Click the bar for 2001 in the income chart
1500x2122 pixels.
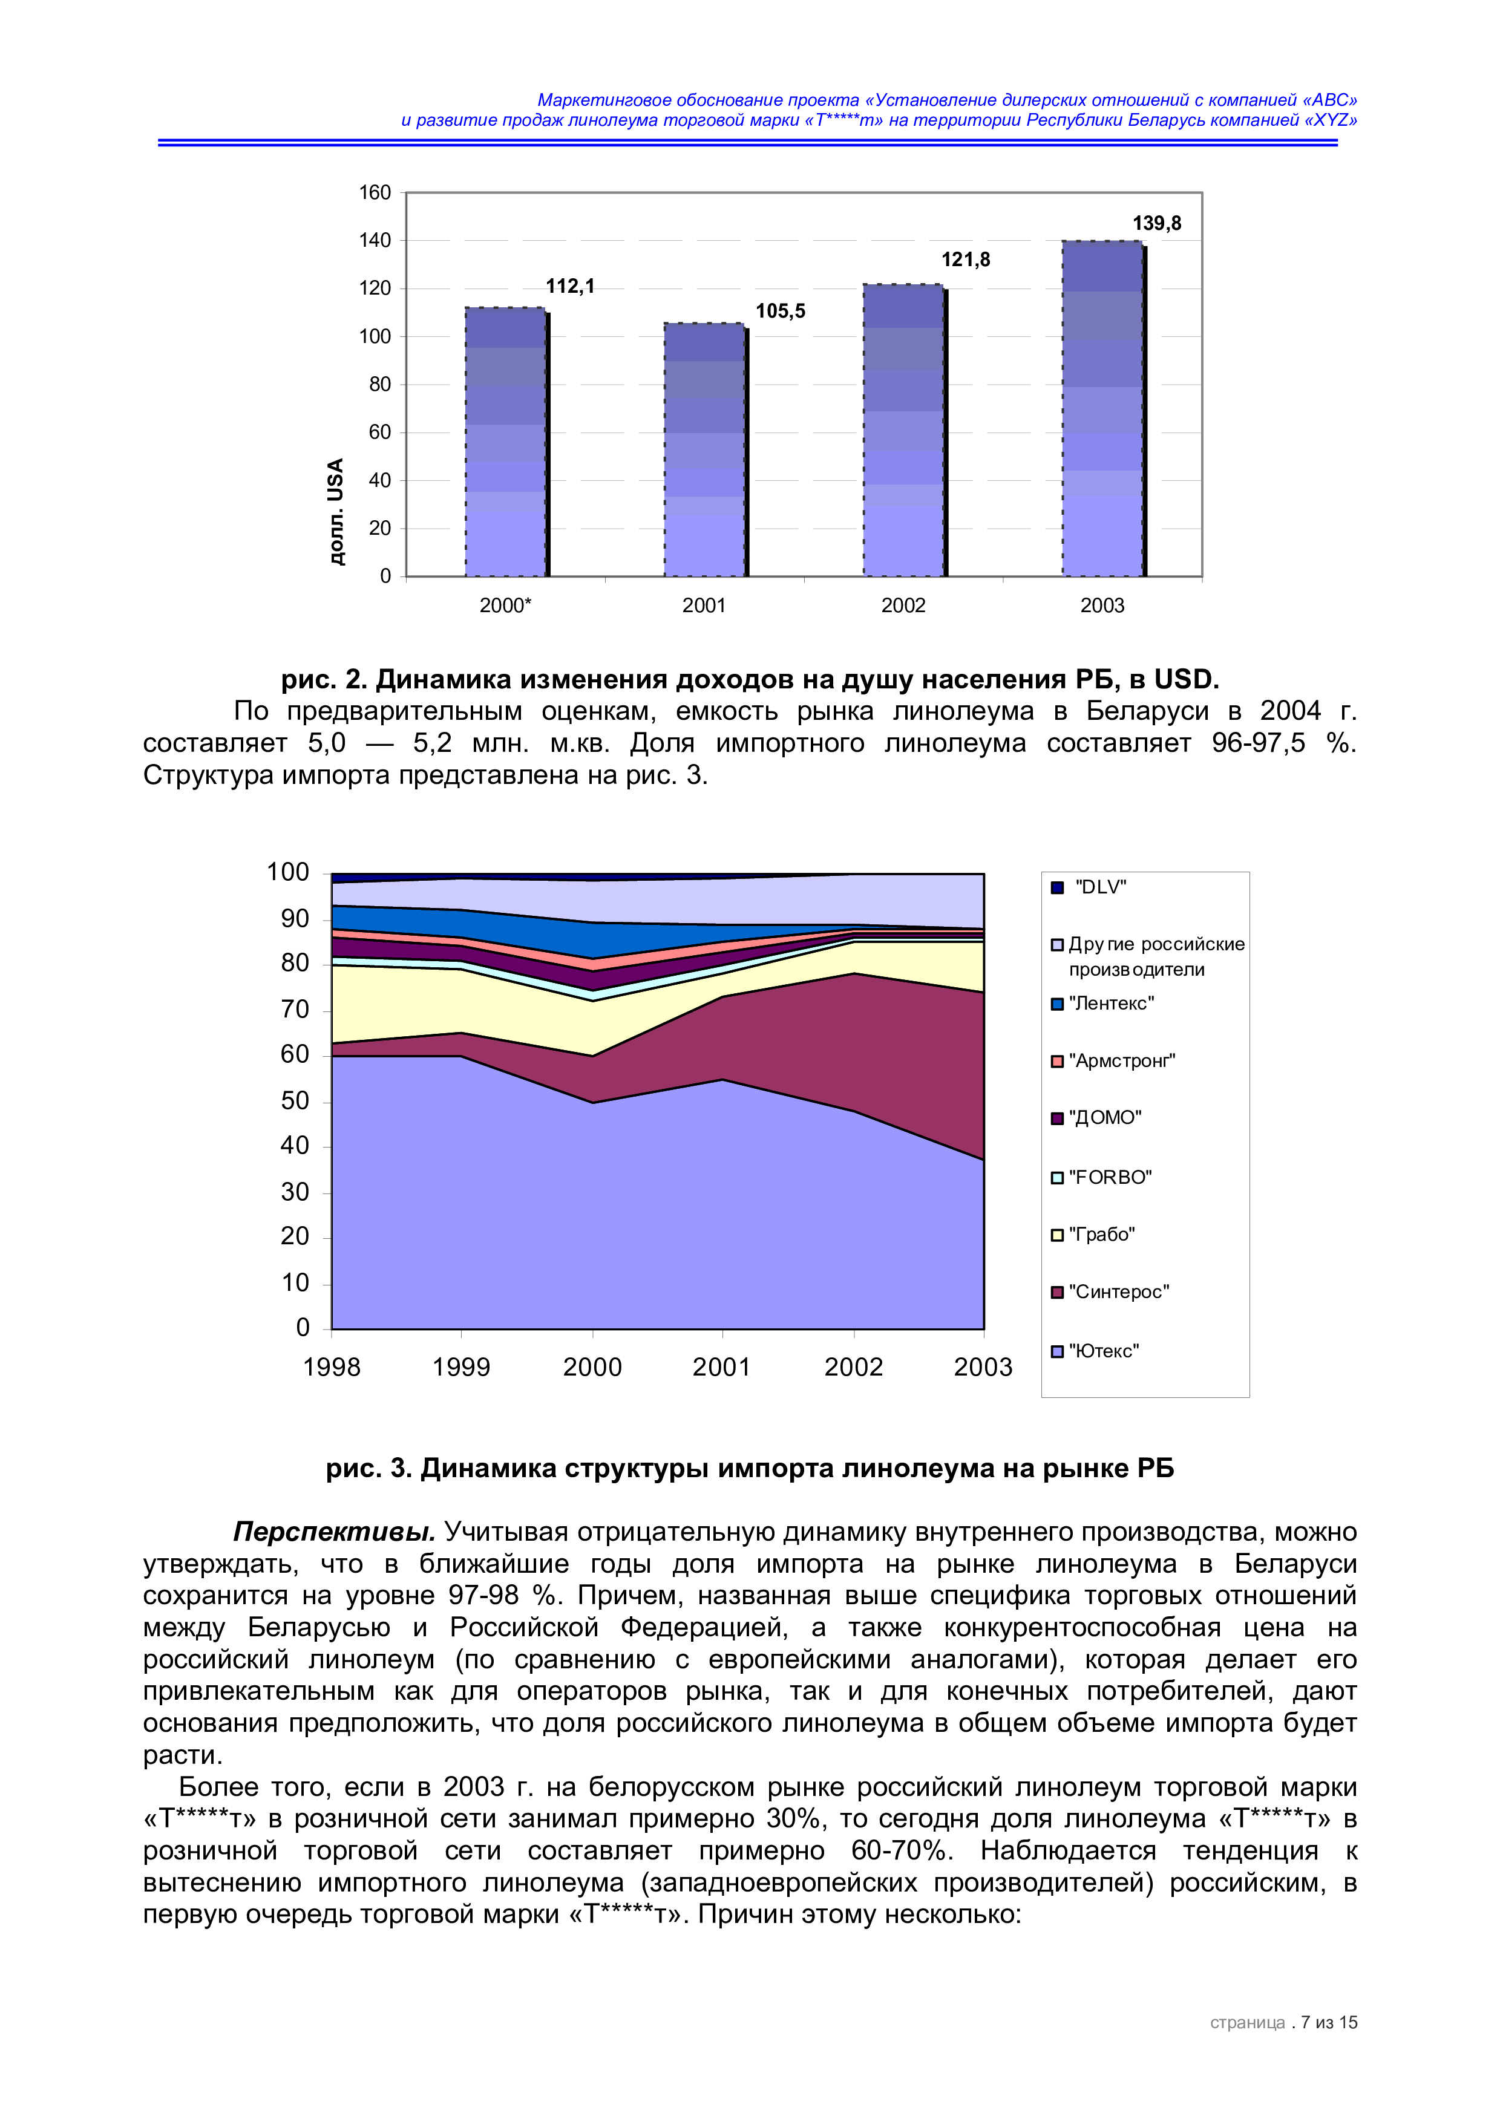pyautogui.click(x=704, y=449)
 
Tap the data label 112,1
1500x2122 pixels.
pyautogui.click(x=569, y=287)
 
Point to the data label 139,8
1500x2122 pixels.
pyautogui.click(x=1156, y=224)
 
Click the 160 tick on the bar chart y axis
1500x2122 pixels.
pyautogui.click(x=375, y=193)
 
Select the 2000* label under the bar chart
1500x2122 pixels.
pyautogui.click(x=505, y=606)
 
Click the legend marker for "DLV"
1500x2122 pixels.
pyautogui.click(x=1057, y=888)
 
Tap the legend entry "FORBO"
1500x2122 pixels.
pyautogui.click(x=1110, y=1178)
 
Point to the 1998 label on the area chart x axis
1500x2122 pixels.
pyautogui.click(x=331, y=1367)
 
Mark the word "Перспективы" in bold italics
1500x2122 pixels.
pyautogui.click(x=333, y=1532)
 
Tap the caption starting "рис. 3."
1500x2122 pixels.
pyautogui.click(x=750, y=1469)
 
